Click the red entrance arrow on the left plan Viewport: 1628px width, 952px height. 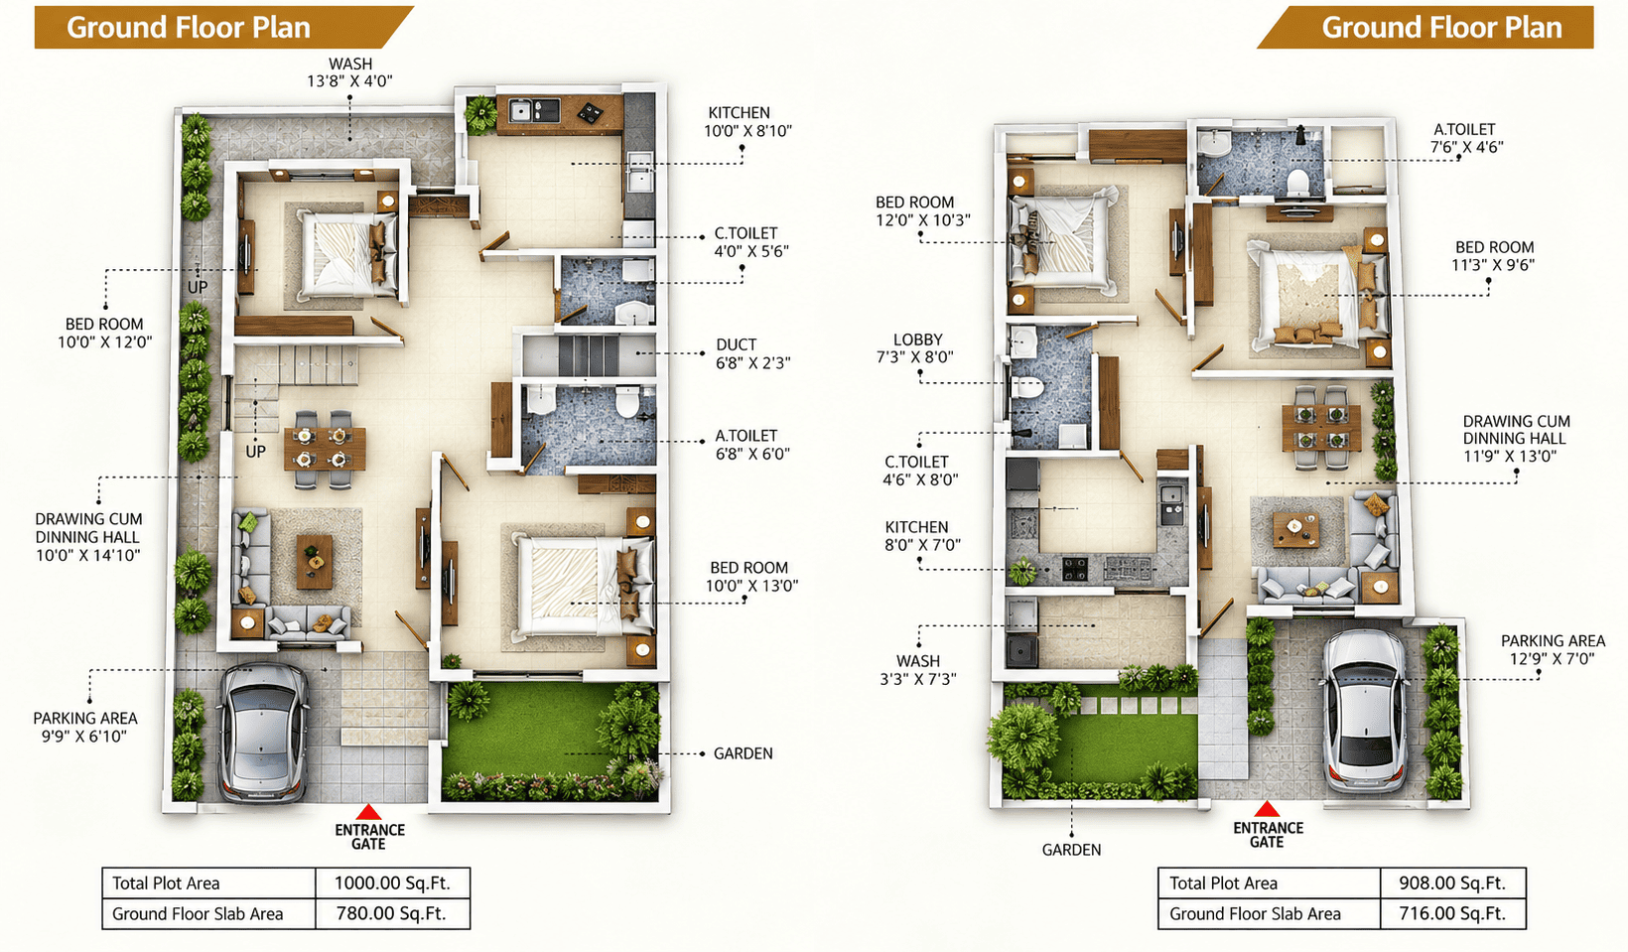pos(368,812)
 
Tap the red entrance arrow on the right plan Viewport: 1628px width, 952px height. pos(1267,809)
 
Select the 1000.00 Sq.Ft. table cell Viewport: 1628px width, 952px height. pos(392,883)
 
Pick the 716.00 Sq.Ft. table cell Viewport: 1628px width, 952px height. pos(1453,913)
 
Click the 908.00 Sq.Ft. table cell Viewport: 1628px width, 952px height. pos(1453,883)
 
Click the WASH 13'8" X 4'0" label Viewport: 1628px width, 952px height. pos(349,71)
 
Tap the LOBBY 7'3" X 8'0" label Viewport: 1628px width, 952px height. pos(915,348)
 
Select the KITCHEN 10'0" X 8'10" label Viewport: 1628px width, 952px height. pos(747,121)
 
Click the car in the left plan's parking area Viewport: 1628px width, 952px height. pos(262,733)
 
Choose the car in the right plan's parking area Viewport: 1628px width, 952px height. pos(1364,711)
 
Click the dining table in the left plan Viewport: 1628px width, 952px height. pos(325,449)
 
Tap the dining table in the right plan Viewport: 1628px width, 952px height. pos(1321,427)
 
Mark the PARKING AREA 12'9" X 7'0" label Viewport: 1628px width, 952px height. pos(1553,649)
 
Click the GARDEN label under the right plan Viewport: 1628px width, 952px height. pos(1071,850)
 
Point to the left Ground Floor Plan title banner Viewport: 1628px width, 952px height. pos(223,28)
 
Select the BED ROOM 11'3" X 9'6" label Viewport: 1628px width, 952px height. pos(1494,256)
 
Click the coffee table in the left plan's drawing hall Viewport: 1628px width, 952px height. pos(315,562)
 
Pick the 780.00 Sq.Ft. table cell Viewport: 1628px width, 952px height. pos(392,913)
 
